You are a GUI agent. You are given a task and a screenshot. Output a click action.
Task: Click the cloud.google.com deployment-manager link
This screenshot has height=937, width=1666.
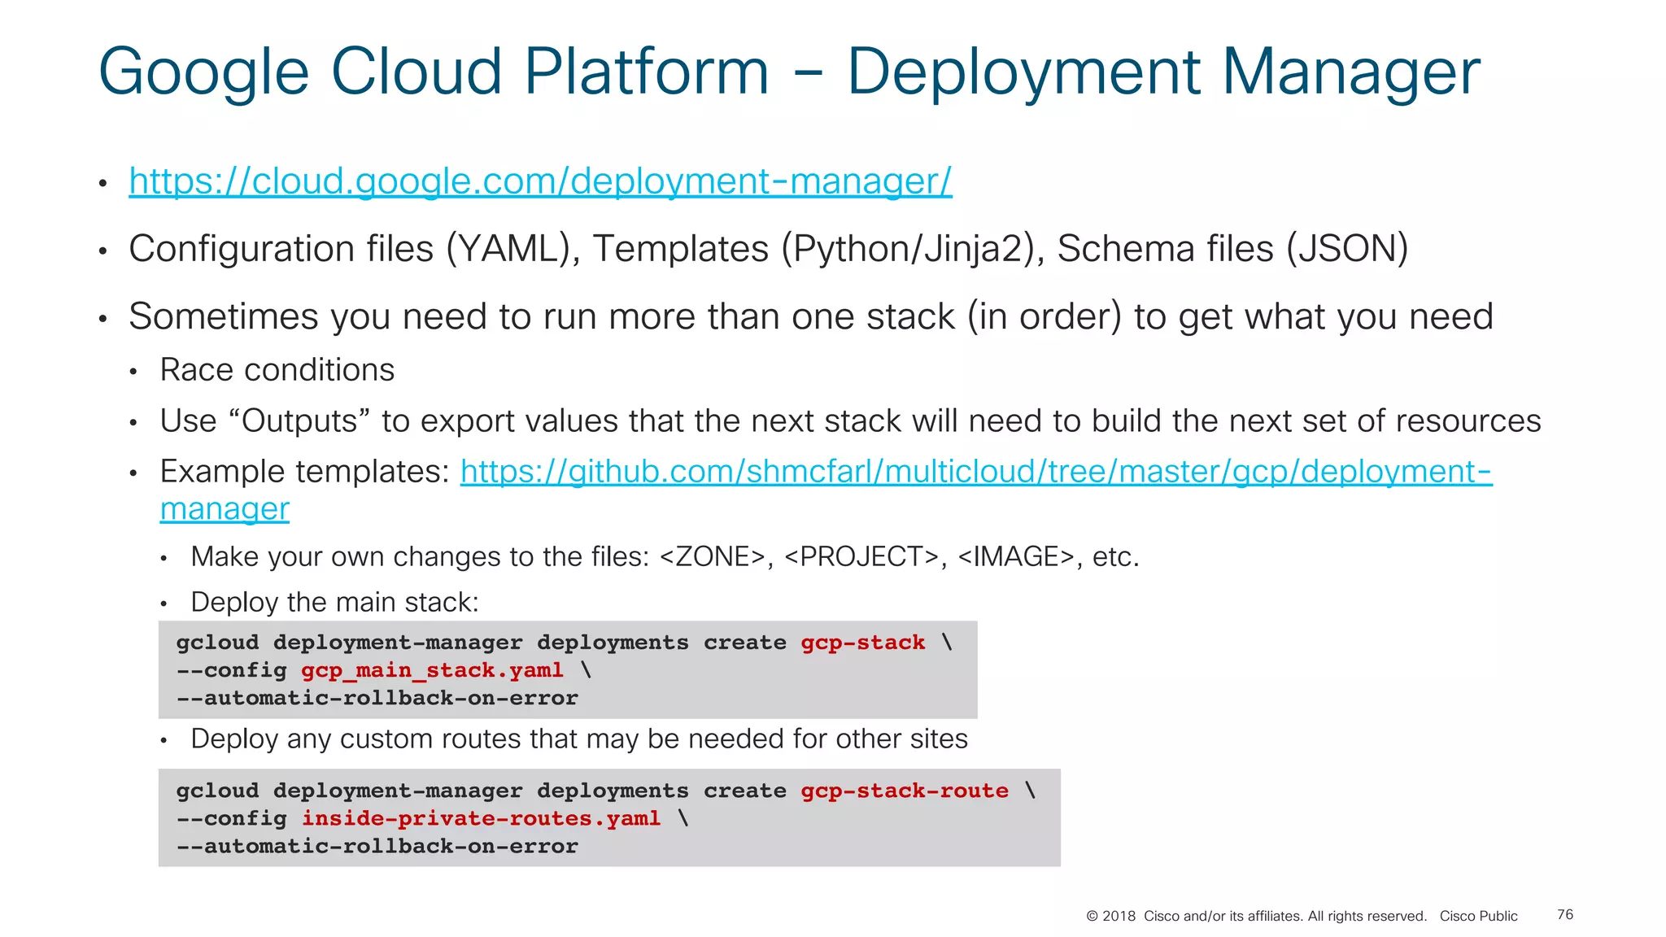coord(540,181)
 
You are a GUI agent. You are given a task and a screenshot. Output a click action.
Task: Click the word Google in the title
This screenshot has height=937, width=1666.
coord(203,73)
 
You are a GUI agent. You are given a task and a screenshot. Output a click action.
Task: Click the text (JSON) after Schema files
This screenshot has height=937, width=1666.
coord(1347,249)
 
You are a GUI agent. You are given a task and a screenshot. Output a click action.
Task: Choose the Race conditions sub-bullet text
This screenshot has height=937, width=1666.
coord(277,370)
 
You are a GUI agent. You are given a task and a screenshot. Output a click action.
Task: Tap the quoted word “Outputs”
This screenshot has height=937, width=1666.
coord(300,421)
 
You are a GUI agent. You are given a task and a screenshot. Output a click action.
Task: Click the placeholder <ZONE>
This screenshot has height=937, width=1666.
coord(713,557)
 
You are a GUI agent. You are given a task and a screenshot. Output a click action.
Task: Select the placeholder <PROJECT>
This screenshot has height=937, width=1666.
coord(861,557)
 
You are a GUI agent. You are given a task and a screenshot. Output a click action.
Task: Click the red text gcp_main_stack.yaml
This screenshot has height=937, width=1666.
coord(432,670)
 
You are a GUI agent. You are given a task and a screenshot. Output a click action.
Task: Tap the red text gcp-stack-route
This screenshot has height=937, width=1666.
coord(904,791)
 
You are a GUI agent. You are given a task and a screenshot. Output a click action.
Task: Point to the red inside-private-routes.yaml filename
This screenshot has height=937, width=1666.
coord(481,818)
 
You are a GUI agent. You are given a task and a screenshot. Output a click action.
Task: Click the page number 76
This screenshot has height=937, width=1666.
coord(1565,915)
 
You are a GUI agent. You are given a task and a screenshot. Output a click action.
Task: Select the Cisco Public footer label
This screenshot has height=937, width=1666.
coord(1478,917)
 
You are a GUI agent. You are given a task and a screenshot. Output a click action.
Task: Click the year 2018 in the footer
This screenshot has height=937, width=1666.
coord(1119,917)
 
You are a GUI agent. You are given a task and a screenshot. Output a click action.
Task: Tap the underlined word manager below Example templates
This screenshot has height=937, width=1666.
coord(225,509)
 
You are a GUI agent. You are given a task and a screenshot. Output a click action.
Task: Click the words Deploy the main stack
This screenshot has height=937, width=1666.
coord(334,603)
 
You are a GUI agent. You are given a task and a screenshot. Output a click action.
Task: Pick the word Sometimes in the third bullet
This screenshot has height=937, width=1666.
coord(223,316)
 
